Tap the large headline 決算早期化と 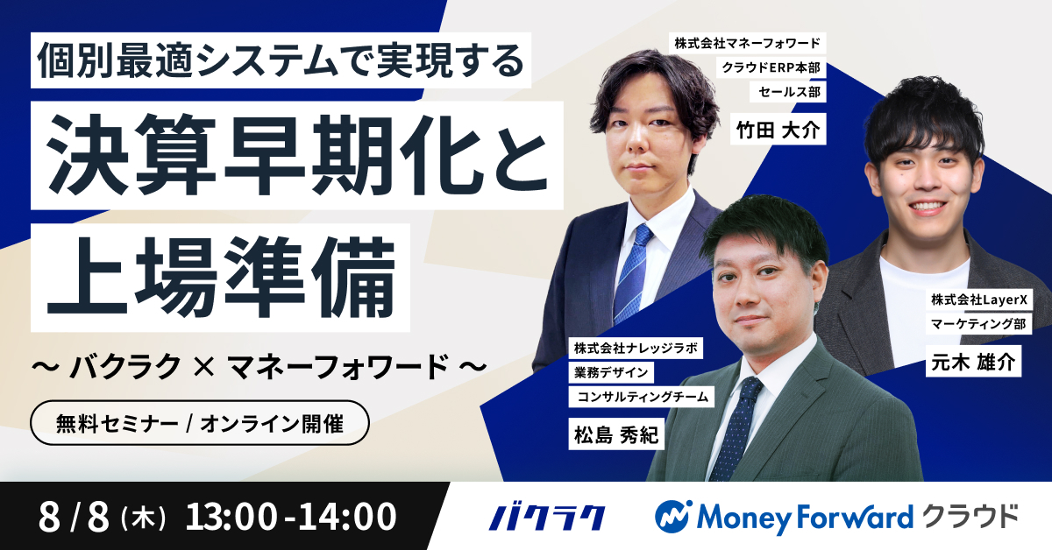(296, 156)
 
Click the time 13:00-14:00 (291, 517)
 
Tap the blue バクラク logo (546, 517)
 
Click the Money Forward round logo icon (674, 517)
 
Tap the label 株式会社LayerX (978, 300)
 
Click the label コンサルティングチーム (642, 397)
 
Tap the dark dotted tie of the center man (734, 429)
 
